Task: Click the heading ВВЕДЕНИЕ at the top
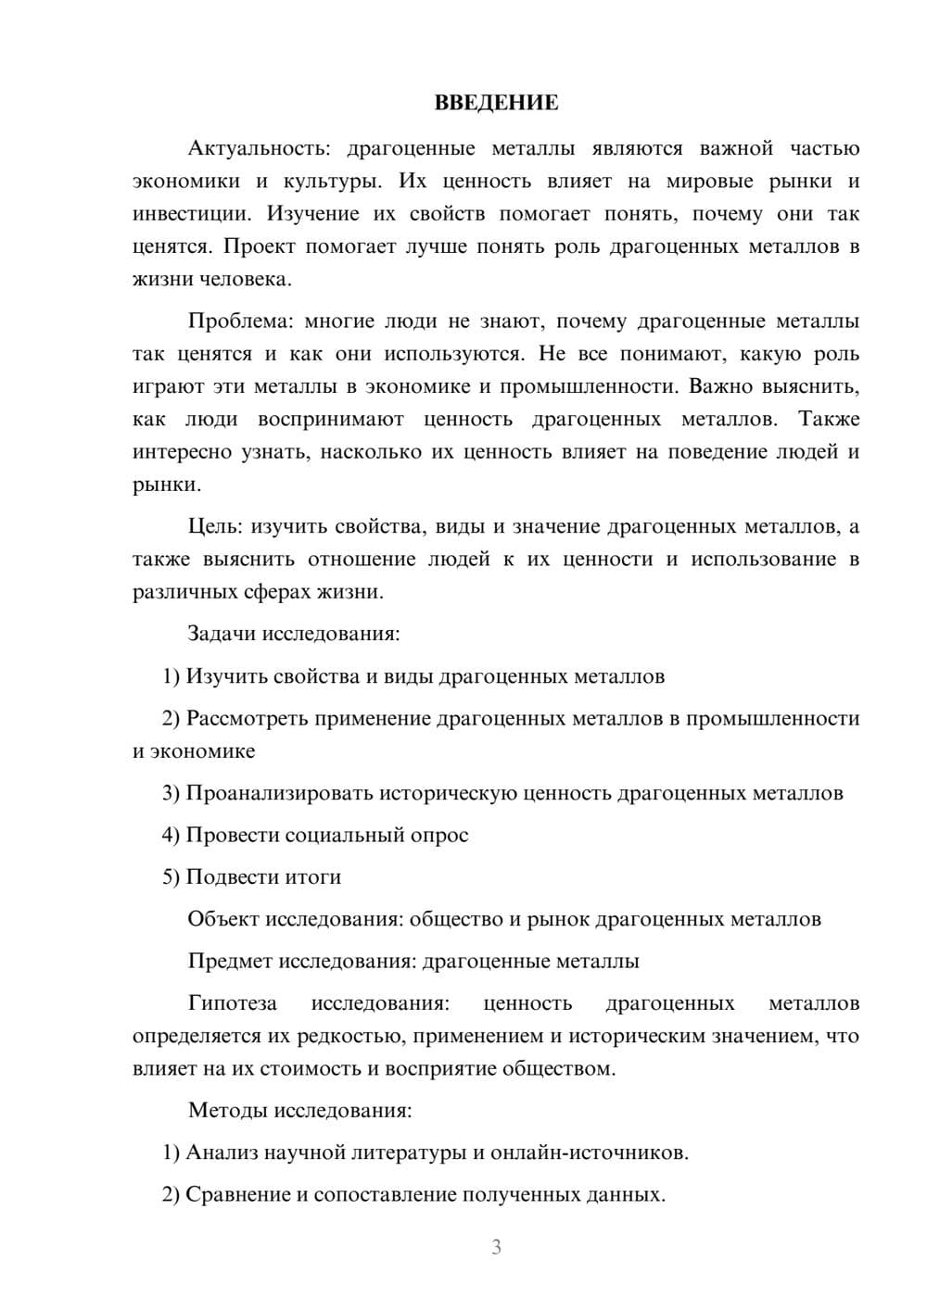coord(496,103)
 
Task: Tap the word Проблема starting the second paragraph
coord(240,322)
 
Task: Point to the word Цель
coord(214,527)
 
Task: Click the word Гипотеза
coord(232,1004)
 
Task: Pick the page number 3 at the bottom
coord(496,1247)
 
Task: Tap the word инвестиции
coord(190,215)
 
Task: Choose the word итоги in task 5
coord(312,877)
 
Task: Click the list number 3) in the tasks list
coord(171,794)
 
